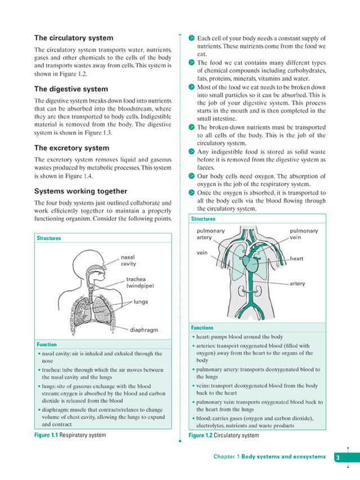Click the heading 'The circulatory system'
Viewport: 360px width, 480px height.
point(74,38)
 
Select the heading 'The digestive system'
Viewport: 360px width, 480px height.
point(71,89)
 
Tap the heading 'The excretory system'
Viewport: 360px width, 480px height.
point(72,148)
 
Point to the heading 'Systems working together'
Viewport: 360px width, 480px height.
point(80,191)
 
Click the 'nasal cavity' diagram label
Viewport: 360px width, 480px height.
point(128,260)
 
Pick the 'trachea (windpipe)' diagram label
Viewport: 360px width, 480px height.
point(139,282)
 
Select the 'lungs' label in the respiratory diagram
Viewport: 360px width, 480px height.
point(141,302)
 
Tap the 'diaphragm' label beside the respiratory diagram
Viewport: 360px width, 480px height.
point(145,330)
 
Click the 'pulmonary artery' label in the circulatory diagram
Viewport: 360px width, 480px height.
point(211,234)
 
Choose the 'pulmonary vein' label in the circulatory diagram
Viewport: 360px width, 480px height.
point(304,234)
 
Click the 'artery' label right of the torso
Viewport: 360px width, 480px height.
point(297,284)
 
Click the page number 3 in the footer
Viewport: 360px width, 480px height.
point(337,457)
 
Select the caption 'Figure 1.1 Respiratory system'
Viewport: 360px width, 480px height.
point(70,435)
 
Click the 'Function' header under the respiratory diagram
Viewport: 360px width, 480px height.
point(47,344)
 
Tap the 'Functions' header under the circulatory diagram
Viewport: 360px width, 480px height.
point(202,328)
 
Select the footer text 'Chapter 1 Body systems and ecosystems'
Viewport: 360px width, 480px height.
point(269,457)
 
